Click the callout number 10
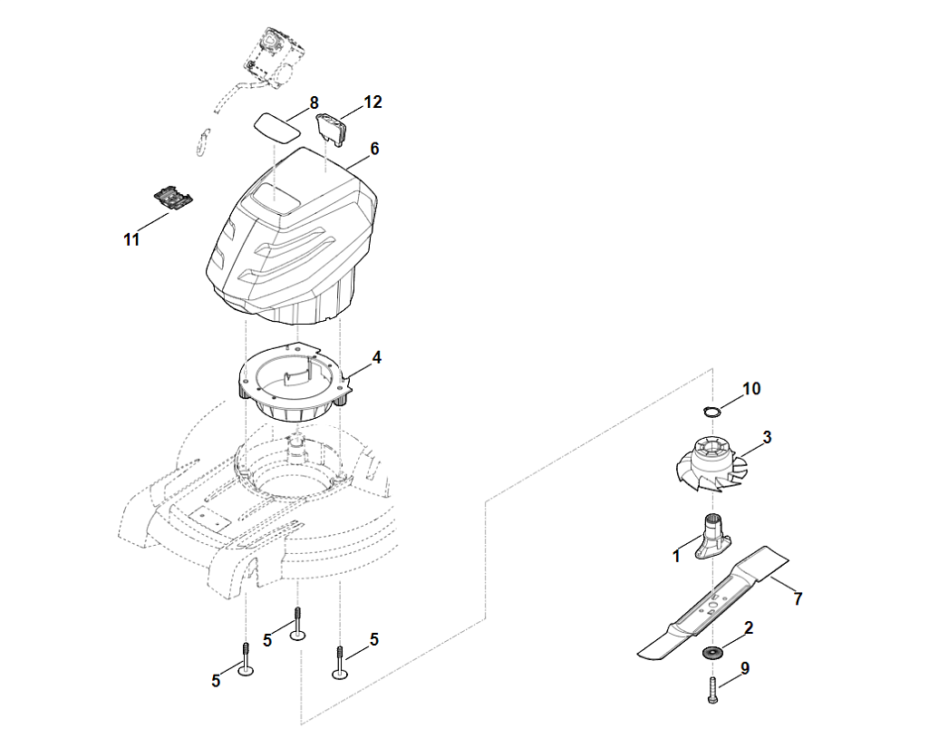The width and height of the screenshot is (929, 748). pos(751,389)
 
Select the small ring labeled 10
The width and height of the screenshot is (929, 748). pos(714,412)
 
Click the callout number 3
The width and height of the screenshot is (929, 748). pos(767,438)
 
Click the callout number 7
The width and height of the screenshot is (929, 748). pos(798,598)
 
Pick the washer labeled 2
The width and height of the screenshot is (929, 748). pos(714,652)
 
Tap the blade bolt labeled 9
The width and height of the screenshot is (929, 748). pos(712,691)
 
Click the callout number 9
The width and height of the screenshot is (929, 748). pos(745,668)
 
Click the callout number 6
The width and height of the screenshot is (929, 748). pos(374,148)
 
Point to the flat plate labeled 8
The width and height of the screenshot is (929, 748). pos(276,124)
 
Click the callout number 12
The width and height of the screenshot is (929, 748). pos(373,102)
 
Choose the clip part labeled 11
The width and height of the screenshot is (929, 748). pos(173,199)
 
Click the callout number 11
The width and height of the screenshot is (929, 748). pos(132,240)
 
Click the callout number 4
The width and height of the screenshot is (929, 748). pos(376,357)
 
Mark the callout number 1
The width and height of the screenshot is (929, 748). pos(676,557)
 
